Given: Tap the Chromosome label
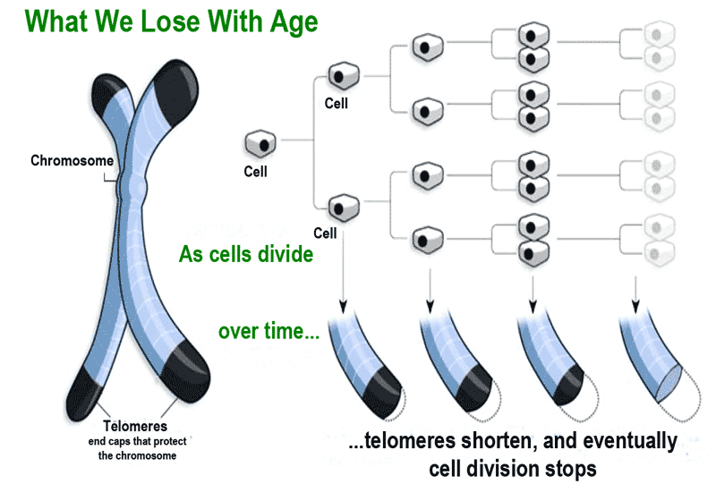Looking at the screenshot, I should pyautogui.click(x=72, y=161).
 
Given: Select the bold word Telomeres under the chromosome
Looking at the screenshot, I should pyautogui.click(x=134, y=426).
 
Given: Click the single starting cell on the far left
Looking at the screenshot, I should pyautogui.click(x=260, y=142).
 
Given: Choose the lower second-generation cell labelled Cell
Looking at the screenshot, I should pyautogui.click(x=341, y=208).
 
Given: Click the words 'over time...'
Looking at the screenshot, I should pyautogui.click(x=268, y=332).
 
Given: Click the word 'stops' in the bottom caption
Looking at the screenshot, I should pyautogui.click(x=570, y=467).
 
